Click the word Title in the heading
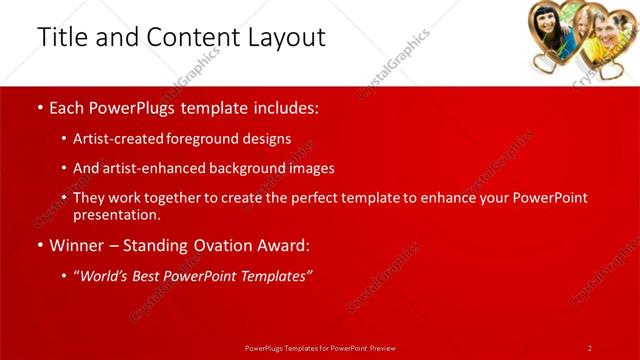61,37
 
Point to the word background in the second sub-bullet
243,168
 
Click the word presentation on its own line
116,214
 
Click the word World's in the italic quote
108,276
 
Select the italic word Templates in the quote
274,276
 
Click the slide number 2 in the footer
590,347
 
